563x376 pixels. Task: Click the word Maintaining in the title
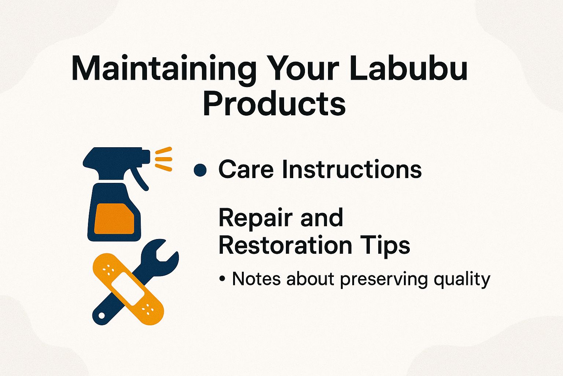(163, 69)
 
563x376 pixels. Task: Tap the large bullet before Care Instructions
(200, 170)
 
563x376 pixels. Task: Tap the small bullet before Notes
(222, 279)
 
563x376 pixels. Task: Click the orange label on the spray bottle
(114, 218)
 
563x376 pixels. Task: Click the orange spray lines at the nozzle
(163, 159)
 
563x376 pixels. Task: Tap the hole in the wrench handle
(101, 315)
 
